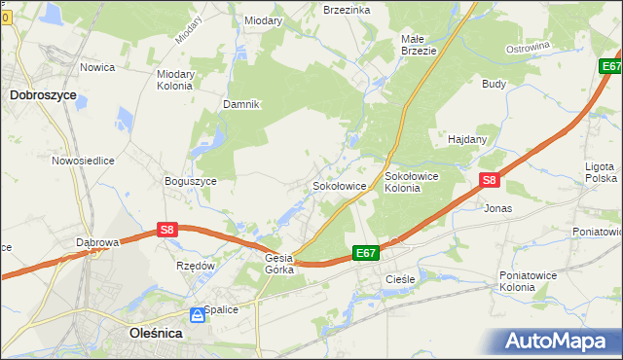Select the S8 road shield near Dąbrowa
point(167,230)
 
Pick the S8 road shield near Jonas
point(490,180)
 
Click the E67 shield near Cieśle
point(365,253)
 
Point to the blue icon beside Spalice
point(198,314)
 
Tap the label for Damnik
point(241,104)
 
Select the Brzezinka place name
point(346,9)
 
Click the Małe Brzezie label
point(419,45)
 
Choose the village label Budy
point(494,84)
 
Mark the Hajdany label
point(467,139)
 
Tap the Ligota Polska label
point(601,173)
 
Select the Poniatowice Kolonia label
point(531,281)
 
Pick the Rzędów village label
point(195,265)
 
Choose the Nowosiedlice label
point(84,161)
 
